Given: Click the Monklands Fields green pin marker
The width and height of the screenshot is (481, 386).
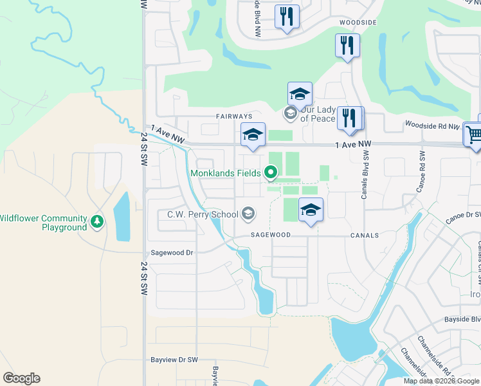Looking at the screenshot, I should click(x=271, y=172).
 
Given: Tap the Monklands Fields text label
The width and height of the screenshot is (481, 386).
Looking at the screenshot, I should click(x=225, y=173).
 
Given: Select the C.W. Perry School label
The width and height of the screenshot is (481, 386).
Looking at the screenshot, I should click(x=203, y=214).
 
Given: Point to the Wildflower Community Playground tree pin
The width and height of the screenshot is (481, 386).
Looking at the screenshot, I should click(x=97, y=222).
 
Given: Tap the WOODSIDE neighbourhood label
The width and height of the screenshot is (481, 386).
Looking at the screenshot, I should click(x=358, y=23).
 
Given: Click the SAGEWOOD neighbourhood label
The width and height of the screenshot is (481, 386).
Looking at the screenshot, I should click(x=270, y=235).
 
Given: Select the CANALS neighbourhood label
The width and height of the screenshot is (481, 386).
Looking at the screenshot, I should click(x=364, y=235).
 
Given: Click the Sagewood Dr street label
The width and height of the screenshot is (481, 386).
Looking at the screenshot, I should click(x=172, y=253).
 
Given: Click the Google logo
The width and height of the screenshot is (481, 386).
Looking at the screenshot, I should click(x=21, y=378).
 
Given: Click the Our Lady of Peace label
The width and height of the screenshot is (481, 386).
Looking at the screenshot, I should click(x=318, y=114).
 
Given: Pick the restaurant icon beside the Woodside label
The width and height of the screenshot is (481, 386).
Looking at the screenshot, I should click(x=347, y=45).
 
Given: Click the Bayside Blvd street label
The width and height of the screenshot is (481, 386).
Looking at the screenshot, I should click(x=462, y=319).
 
